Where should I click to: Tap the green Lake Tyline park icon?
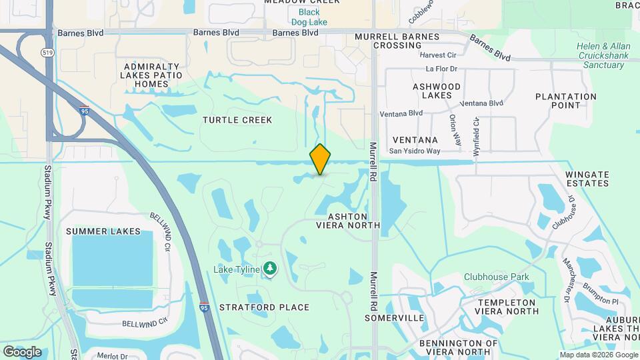(270, 269)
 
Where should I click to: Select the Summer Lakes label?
(103, 231)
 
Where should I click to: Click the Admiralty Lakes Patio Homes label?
(151, 75)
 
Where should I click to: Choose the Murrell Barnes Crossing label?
(397, 41)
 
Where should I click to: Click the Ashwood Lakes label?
(437, 91)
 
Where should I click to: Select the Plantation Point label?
(566, 101)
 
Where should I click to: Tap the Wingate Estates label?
(587, 179)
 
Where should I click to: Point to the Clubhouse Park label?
(497, 277)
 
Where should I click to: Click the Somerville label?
(395, 318)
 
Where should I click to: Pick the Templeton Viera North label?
(497, 307)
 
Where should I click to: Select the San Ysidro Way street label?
(415, 151)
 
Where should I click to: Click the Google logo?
(22, 351)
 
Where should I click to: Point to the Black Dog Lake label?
(309, 17)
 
